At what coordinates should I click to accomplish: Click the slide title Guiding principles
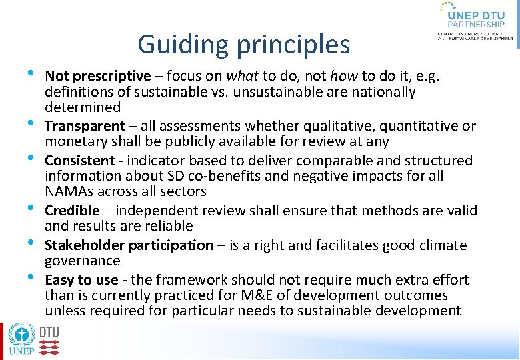point(243,45)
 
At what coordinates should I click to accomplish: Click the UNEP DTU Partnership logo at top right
point(475,21)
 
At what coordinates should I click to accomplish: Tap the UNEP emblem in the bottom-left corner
point(21,341)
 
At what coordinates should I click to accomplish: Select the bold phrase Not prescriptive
point(98,75)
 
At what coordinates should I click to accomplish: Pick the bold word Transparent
point(85,125)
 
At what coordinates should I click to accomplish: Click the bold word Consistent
point(79,160)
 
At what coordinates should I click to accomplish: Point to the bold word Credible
point(71,210)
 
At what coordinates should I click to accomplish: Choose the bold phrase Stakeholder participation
point(129,245)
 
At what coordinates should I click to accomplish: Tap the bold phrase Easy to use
point(81,279)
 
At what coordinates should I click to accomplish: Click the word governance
point(83,261)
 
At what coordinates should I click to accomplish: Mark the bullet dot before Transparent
point(31,123)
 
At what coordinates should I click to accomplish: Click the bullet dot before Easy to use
point(31,277)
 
